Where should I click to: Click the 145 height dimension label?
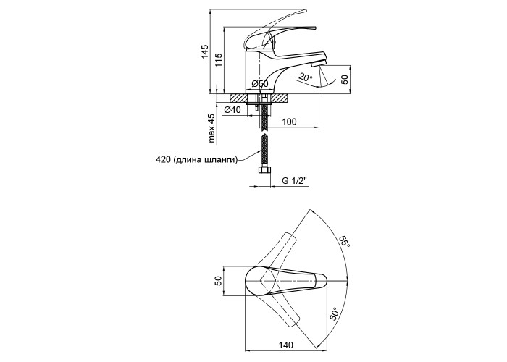pos(205,51)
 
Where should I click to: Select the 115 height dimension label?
pos(219,60)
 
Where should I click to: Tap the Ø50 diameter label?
pos(260,84)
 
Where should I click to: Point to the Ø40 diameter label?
pos(232,110)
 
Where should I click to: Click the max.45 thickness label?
pos(211,128)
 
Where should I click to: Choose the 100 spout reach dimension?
pos(290,122)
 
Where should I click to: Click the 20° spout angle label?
pos(305,77)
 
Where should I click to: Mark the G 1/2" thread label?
pos(294,181)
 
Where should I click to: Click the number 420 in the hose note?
pos(163,160)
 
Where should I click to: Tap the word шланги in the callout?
pos(223,160)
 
